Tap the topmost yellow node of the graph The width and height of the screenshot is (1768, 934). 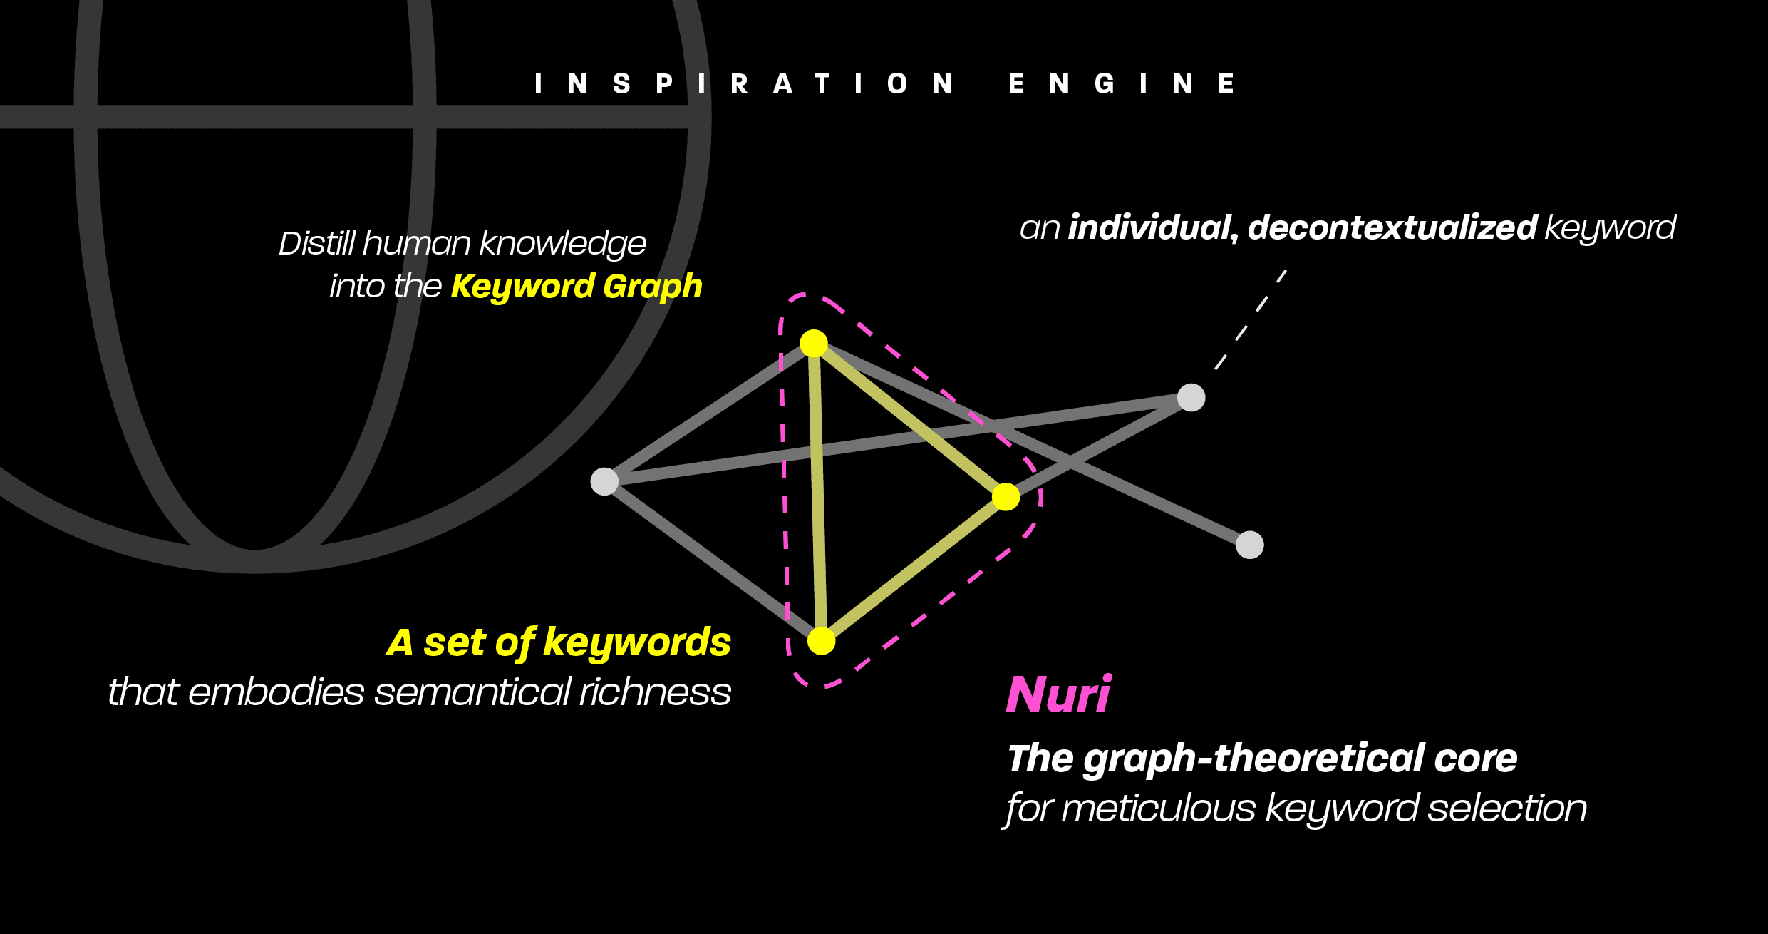[813, 344]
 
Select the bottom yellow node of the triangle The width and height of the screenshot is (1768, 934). [821, 641]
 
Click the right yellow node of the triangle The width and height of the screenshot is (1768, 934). [1006, 497]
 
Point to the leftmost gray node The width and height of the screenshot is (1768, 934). [604, 481]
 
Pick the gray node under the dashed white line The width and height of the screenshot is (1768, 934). [1191, 397]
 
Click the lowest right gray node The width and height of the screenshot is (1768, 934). [1249, 545]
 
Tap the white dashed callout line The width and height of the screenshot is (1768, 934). [1250, 320]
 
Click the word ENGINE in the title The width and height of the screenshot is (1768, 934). [1122, 84]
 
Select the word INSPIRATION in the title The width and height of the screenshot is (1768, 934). [744, 84]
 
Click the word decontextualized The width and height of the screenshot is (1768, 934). [1392, 227]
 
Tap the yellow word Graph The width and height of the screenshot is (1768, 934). [652, 287]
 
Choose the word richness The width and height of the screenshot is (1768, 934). [655, 692]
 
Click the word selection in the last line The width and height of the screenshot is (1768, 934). [1507, 809]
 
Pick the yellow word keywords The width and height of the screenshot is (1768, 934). [637, 643]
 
